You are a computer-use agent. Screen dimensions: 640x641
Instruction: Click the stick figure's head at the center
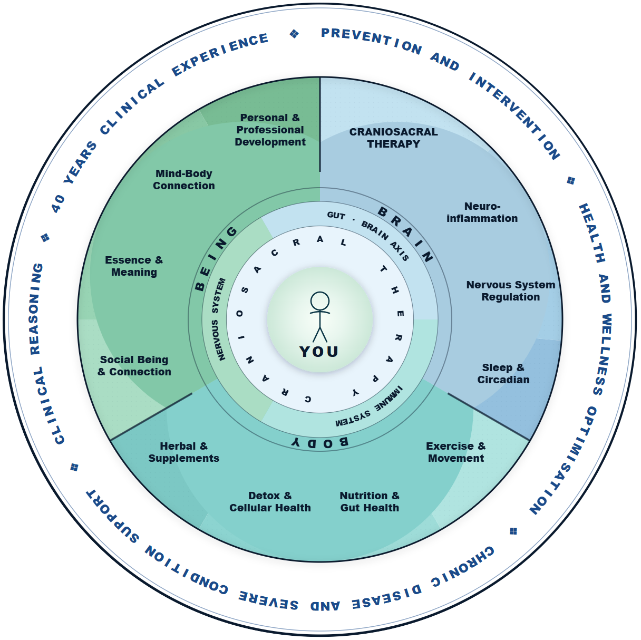click(x=320, y=302)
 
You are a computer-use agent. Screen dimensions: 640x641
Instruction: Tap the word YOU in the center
click(x=319, y=352)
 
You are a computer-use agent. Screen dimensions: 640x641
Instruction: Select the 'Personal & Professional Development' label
click(x=270, y=130)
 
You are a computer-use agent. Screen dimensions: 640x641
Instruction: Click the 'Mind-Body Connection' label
click(x=184, y=180)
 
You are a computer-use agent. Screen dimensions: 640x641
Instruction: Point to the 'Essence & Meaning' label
click(x=134, y=266)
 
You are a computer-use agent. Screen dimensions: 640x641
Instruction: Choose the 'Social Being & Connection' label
click(x=134, y=366)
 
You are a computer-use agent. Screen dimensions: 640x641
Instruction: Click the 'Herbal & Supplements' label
click(x=183, y=452)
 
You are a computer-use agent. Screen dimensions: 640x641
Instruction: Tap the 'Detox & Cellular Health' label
click(x=270, y=502)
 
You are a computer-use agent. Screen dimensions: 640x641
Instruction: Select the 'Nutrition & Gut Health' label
click(x=370, y=502)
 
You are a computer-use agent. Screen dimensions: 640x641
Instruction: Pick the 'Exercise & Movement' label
click(x=455, y=452)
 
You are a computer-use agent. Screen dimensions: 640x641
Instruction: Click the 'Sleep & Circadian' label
click(x=503, y=374)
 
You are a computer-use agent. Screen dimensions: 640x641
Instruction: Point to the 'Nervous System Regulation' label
click(x=510, y=291)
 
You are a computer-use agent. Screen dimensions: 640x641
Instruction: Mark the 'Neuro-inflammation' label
click(x=482, y=212)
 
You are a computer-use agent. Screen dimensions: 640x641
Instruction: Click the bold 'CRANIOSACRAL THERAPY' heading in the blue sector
click(x=393, y=138)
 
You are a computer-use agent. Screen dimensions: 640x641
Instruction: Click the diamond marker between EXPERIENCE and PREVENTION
click(x=295, y=34)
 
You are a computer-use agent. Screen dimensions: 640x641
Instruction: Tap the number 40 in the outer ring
click(x=58, y=202)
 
